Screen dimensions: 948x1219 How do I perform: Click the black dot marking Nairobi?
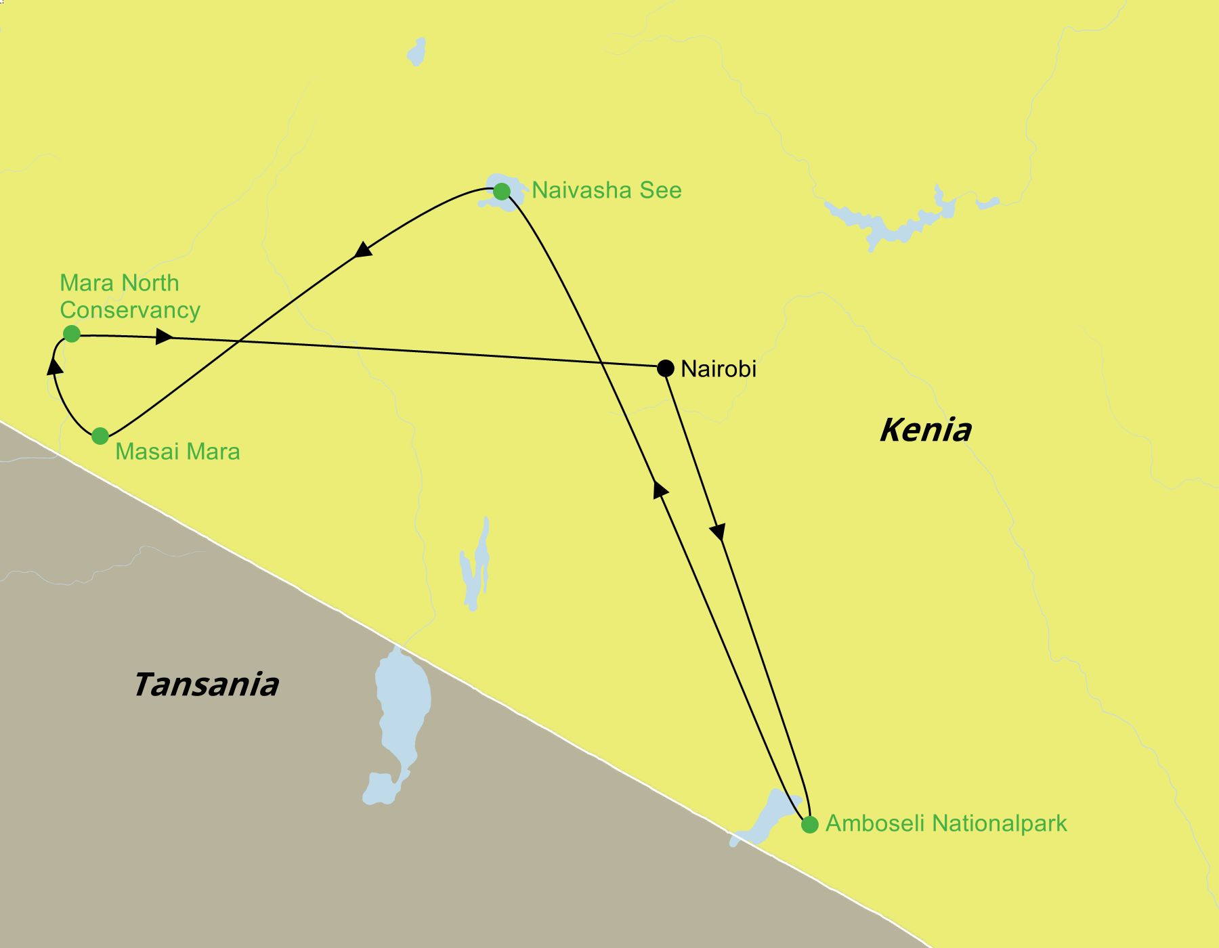(x=666, y=368)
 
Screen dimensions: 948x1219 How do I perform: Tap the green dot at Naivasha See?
(x=501, y=192)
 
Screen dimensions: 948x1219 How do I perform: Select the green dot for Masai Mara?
(x=100, y=436)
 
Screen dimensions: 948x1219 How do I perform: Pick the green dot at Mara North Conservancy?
(x=71, y=334)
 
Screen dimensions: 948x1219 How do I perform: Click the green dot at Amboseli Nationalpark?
(x=809, y=825)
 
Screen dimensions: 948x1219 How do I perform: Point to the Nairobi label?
(x=718, y=369)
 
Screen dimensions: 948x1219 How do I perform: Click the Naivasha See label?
(x=606, y=190)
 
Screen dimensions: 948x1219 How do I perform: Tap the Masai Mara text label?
(x=177, y=452)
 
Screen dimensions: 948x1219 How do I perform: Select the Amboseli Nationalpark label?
(x=946, y=823)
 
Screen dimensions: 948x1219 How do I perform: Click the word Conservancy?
(x=130, y=310)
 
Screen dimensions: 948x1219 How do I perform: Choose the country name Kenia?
(x=925, y=430)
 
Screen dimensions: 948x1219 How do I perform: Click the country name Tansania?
(x=206, y=685)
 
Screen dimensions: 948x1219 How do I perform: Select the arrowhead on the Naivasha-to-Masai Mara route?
(x=364, y=249)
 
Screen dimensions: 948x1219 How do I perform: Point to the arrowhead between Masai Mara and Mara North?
(x=55, y=366)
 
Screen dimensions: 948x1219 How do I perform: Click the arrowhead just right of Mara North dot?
(x=164, y=337)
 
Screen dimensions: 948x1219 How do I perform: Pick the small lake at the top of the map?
(x=417, y=51)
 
